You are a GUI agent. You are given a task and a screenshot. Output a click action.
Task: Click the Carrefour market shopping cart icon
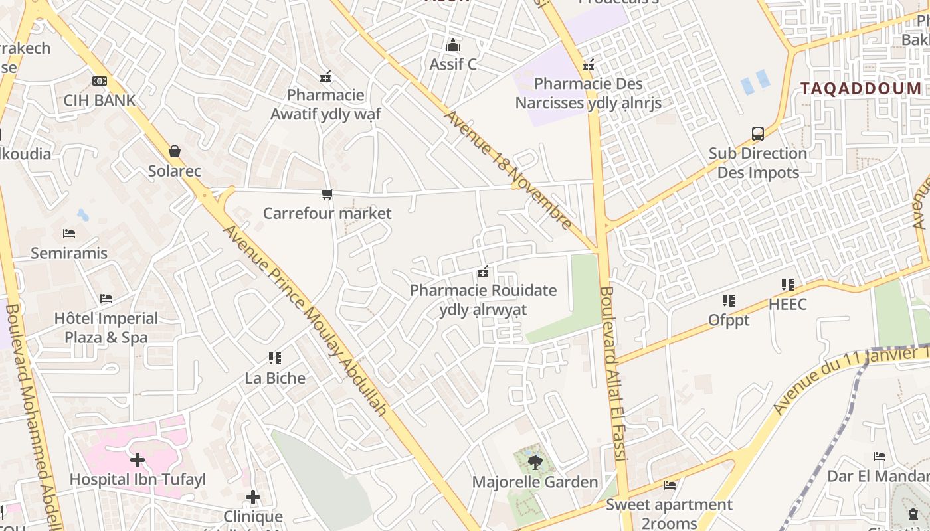click(327, 194)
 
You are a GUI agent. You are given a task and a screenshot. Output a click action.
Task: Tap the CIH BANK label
click(100, 100)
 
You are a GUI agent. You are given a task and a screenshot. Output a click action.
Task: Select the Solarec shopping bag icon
click(175, 151)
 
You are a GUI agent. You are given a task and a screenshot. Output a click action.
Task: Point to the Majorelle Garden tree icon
click(534, 463)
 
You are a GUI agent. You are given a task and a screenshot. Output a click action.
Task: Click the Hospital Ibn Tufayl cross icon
click(138, 459)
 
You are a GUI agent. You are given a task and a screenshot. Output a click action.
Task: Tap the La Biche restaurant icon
click(275, 358)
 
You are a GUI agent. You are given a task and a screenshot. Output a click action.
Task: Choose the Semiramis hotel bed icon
click(69, 234)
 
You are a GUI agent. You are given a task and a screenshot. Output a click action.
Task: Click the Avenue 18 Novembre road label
click(508, 169)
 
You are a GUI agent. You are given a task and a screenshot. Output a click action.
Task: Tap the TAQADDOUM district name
click(861, 88)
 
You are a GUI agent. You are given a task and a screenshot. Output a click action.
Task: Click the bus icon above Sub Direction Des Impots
click(758, 133)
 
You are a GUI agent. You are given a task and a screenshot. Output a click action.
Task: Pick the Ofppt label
click(729, 320)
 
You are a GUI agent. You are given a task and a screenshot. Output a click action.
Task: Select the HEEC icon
click(788, 285)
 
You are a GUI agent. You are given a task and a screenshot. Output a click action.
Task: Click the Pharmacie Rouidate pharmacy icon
click(483, 271)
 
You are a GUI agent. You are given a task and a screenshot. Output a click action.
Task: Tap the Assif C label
click(453, 64)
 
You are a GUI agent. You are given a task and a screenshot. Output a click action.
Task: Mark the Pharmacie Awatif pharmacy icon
click(325, 76)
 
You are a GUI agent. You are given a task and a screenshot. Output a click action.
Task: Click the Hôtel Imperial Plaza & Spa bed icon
click(106, 299)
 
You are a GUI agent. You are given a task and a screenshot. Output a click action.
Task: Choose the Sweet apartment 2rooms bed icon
click(670, 485)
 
